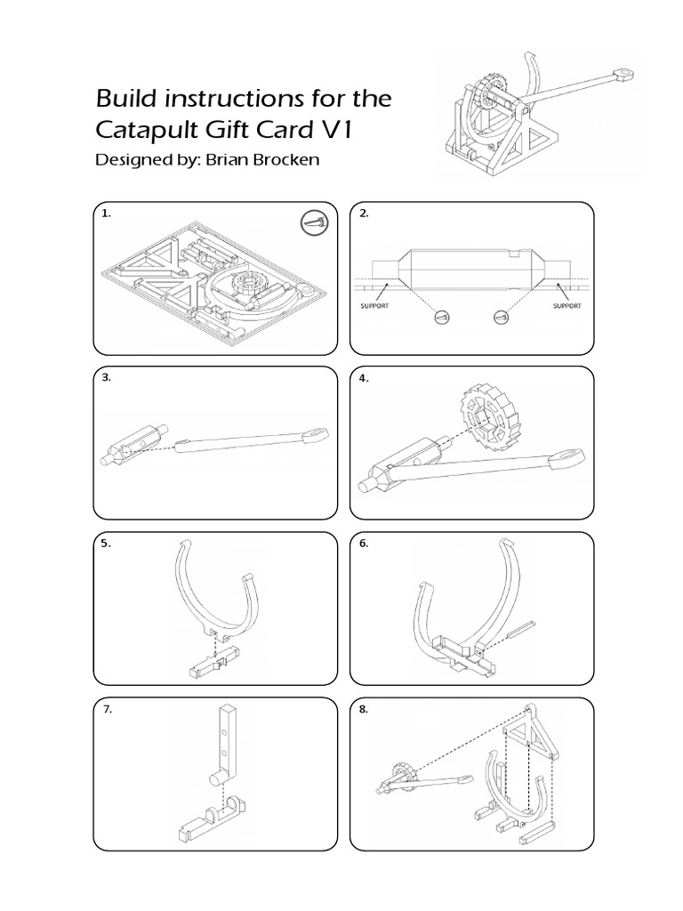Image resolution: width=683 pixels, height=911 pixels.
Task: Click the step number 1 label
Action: (x=106, y=214)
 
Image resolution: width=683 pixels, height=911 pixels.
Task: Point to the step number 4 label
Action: (x=363, y=378)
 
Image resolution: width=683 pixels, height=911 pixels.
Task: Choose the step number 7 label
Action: (x=106, y=710)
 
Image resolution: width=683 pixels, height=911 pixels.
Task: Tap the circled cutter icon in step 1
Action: (x=316, y=224)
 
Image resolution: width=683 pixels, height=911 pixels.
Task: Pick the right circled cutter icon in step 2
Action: (x=502, y=316)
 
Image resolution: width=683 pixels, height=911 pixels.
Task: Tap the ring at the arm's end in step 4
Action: (x=565, y=460)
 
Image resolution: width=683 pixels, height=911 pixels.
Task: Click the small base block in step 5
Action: (x=214, y=665)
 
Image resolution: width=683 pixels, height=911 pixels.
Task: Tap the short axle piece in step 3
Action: (x=128, y=445)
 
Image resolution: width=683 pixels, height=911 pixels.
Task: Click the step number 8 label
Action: (x=363, y=710)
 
